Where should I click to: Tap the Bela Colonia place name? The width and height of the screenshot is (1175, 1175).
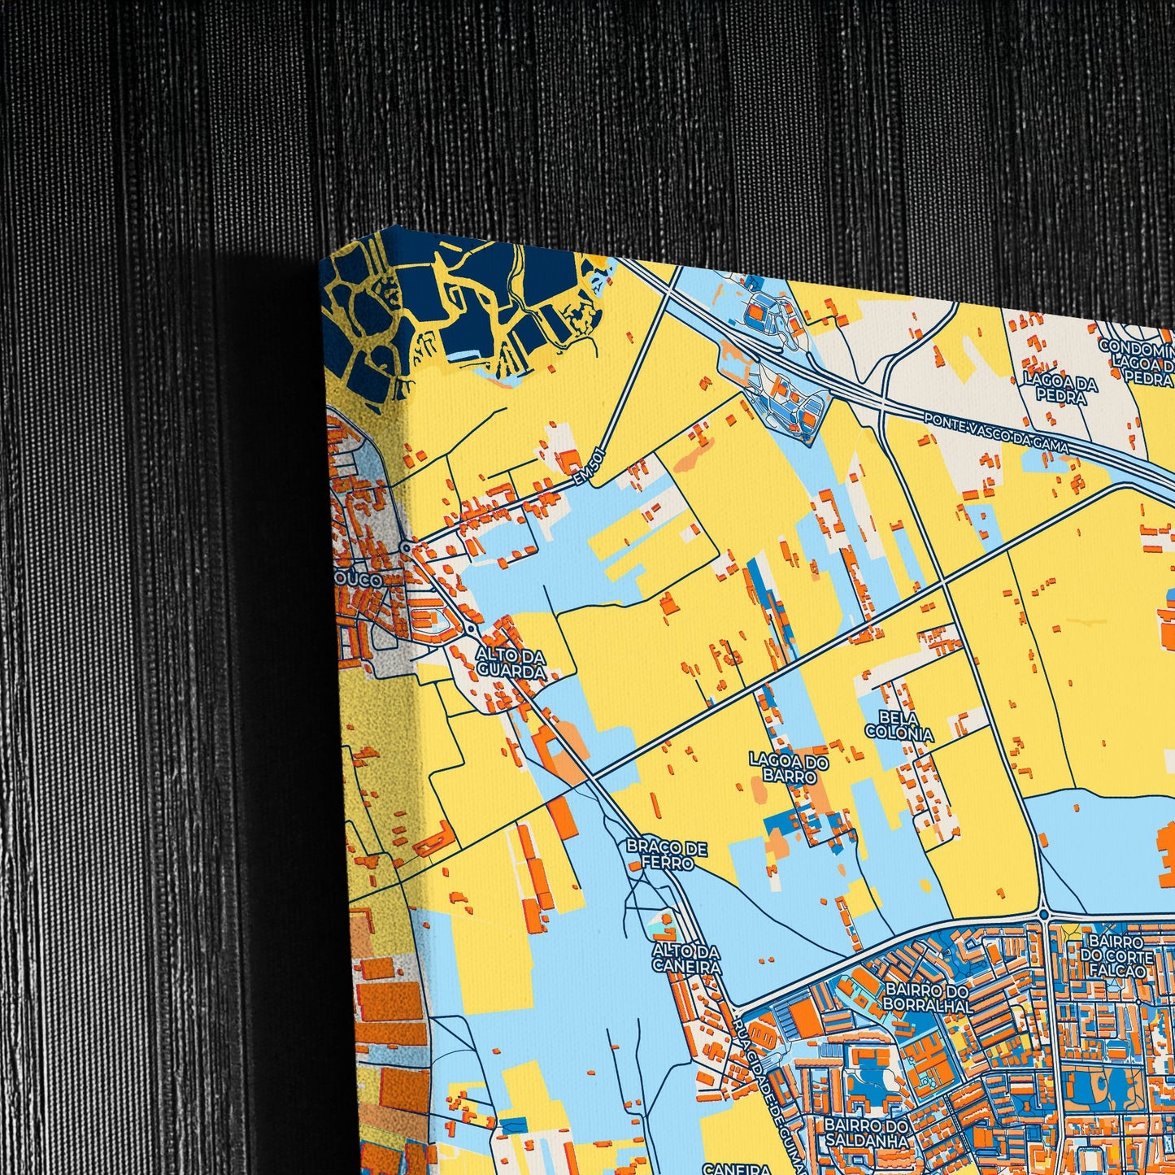pyautogui.click(x=899, y=725)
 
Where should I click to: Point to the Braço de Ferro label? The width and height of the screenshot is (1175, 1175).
pyautogui.click(x=666, y=855)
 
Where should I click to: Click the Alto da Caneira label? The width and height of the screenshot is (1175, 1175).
pyautogui.click(x=686, y=958)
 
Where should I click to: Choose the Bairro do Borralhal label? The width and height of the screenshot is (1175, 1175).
pyautogui.click(x=928, y=999)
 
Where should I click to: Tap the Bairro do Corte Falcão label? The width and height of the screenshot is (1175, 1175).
pyautogui.click(x=1116, y=956)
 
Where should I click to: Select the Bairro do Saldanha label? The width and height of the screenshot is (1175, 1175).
pyautogui.click(x=864, y=1133)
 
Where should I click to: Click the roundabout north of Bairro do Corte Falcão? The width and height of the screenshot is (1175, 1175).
pyautogui.click(x=1044, y=916)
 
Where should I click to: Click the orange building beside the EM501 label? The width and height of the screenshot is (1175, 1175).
pyautogui.click(x=568, y=461)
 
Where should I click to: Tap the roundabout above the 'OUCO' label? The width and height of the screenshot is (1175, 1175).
pyautogui.click(x=406, y=547)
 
